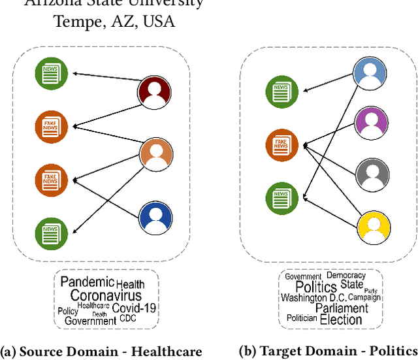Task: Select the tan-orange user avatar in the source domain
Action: (x=156, y=154)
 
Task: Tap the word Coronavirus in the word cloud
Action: (x=106, y=296)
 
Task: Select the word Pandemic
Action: (x=87, y=282)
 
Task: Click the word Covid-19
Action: (x=134, y=308)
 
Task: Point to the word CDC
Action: (x=128, y=319)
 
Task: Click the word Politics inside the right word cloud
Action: (x=316, y=287)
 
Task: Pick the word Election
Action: (x=341, y=319)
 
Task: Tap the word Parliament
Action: (x=342, y=308)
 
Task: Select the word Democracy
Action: (x=346, y=276)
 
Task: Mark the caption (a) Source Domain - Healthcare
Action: (x=101, y=351)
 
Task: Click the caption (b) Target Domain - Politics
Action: (x=328, y=351)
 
